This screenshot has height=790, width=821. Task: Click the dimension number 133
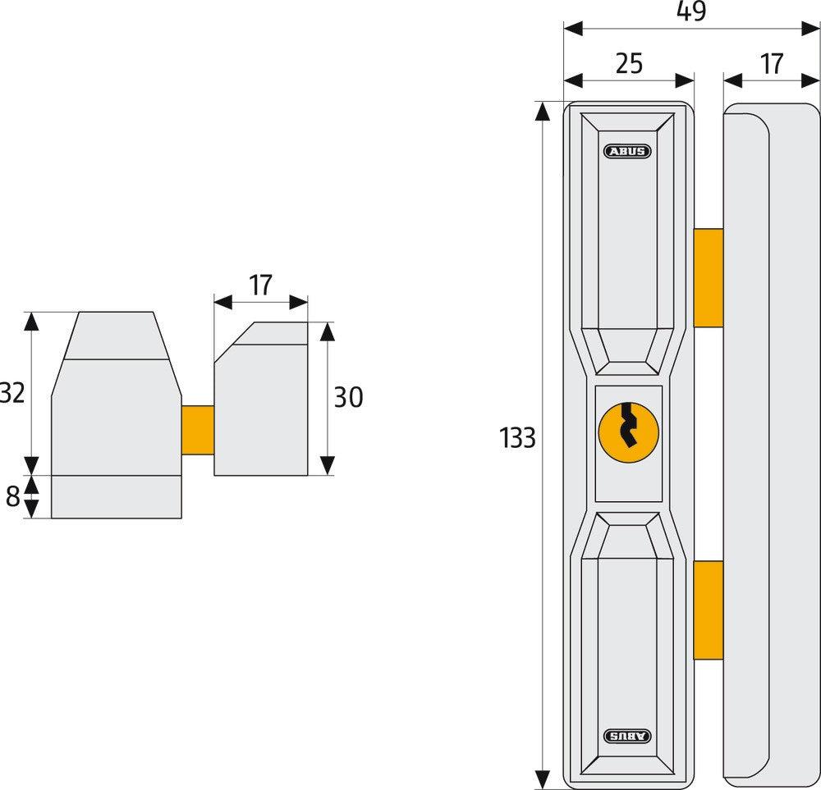tap(517, 439)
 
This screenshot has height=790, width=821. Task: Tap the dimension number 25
tap(629, 64)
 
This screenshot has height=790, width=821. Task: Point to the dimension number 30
tap(348, 398)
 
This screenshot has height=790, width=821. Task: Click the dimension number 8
tap(12, 497)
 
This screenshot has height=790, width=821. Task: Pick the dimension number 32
tap(11, 394)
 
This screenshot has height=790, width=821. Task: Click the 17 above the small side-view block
tap(260, 285)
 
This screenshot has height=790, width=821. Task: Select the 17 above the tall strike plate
tap(772, 64)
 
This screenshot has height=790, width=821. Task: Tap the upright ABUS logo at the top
tap(628, 151)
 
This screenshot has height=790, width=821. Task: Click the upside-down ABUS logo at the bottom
tap(628, 736)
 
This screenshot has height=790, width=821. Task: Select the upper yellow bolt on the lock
tap(708, 278)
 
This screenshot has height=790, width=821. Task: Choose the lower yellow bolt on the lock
tap(708, 610)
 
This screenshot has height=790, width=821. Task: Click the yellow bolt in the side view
tap(198, 429)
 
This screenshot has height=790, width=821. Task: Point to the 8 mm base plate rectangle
tap(117, 496)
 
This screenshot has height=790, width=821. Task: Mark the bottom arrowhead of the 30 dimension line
tap(328, 465)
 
